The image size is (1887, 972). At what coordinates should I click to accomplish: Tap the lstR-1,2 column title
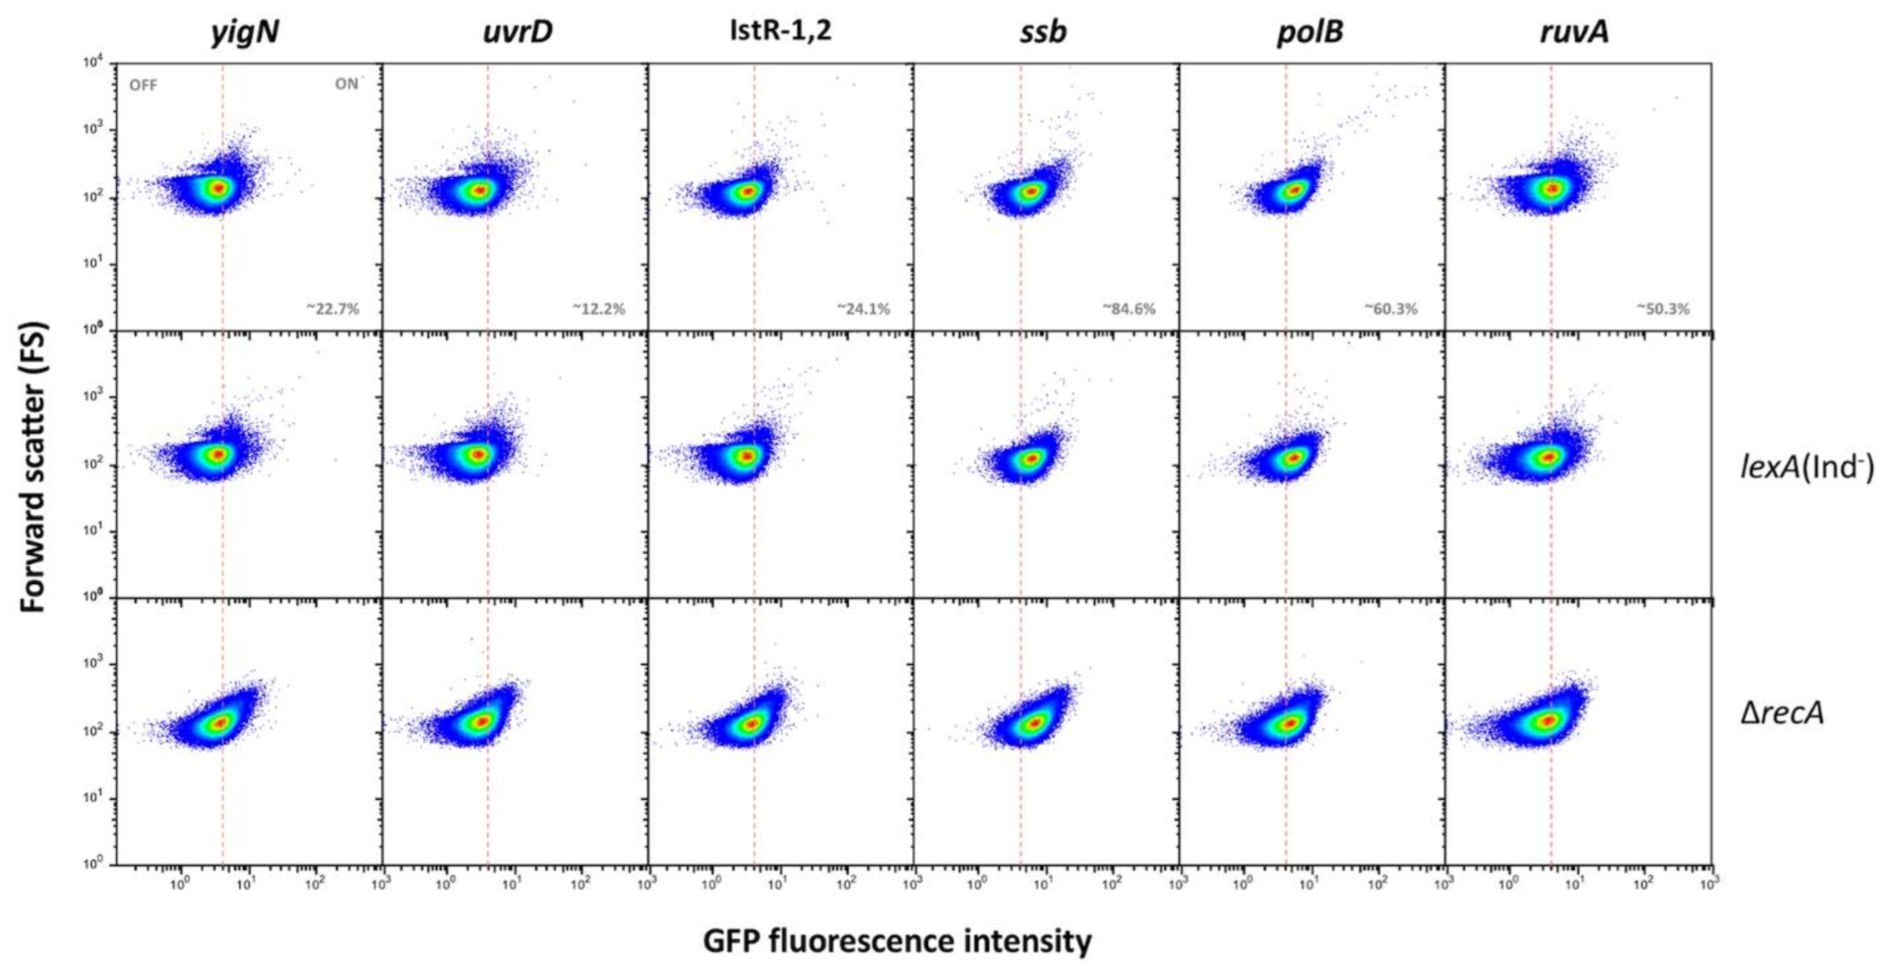click(781, 31)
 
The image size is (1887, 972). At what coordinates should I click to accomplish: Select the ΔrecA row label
click(1782, 712)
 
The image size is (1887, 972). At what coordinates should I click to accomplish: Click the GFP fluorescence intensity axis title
click(897, 941)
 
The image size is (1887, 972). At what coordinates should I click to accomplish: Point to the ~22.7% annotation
click(332, 309)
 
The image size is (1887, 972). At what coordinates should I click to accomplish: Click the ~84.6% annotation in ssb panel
click(1129, 309)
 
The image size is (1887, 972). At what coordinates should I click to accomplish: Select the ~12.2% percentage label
click(599, 309)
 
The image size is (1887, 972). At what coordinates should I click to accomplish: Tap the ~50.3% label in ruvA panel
click(1663, 309)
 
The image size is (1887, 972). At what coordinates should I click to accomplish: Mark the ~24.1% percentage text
click(864, 309)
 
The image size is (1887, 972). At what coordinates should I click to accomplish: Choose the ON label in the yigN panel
click(347, 84)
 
